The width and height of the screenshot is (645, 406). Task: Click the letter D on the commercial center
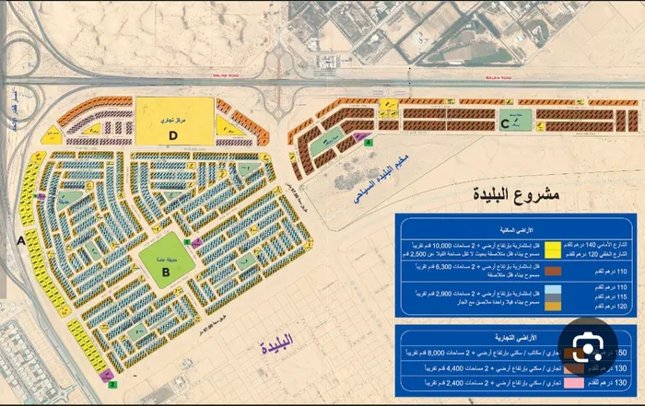click(172, 134)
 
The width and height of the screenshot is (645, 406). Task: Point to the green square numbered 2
click(111, 385)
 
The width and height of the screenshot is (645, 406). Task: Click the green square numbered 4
click(369, 143)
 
